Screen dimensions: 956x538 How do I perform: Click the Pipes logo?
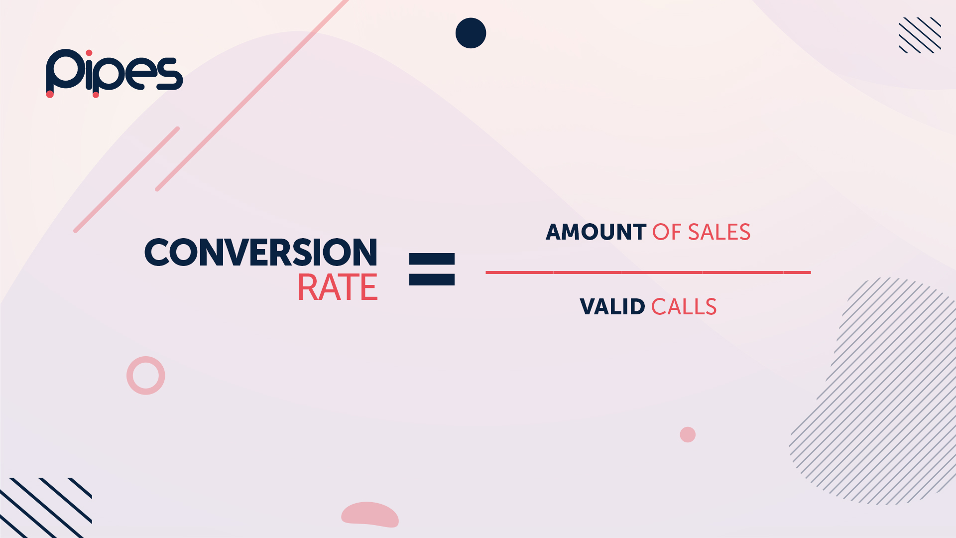coord(114,73)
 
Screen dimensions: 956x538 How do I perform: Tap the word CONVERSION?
coord(261,252)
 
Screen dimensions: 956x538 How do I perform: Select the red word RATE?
coord(338,288)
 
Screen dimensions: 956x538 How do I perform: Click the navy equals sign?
coord(432,269)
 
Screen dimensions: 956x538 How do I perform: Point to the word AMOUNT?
coord(596,232)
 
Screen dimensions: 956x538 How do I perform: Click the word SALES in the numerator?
coord(719,232)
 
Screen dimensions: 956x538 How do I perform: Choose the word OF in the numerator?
coord(667,232)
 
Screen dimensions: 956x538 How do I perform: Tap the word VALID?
coord(612,307)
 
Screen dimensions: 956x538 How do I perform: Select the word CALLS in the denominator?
coord(684,307)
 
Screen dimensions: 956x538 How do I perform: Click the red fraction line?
coord(648,272)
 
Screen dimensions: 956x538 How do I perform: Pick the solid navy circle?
coord(471,33)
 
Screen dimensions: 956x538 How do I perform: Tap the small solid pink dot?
coord(688,434)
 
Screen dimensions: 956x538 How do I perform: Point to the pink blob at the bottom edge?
coord(370,515)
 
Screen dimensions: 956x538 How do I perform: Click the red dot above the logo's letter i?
coord(89,53)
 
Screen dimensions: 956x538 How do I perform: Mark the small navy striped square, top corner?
coord(920,35)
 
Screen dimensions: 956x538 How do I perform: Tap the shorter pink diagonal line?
coord(127,179)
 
